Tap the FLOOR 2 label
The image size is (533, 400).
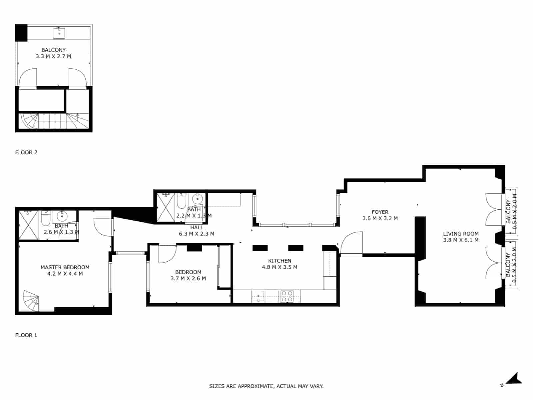tap(26, 152)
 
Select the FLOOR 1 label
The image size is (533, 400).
tap(26, 335)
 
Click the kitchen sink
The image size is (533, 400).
tap(258, 296)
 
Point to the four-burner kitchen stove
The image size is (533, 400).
tap(287, 296)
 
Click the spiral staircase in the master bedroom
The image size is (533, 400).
tap(31, 301)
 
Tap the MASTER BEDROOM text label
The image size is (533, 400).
tap(65, 267)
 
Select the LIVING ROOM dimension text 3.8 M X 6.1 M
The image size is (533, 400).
tap(461, 240)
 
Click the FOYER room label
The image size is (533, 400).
tap(380, 212)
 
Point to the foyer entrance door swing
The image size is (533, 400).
tap(351, 243)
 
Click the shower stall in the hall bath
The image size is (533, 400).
tap(166, 207)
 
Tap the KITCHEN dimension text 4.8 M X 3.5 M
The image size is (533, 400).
tap(279, 267)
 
